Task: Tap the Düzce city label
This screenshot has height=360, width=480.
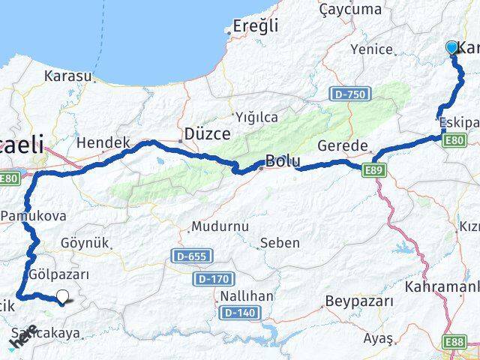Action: point(206,133)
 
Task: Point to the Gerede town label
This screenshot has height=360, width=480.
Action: point(343,145)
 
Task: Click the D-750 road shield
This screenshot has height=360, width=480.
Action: point(350,94)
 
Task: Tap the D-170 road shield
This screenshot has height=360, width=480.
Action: point(212,279)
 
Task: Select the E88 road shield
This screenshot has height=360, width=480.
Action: point(454,342)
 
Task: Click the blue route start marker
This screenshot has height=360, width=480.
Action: point(451,47)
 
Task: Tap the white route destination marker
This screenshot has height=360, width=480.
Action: point(63,297)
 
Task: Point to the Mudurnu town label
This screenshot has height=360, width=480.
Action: point(219,226)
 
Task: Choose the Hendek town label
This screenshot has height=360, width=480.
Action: point(103,142)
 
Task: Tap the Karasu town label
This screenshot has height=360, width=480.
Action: point(67,76)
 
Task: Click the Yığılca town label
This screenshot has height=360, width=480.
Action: point(256,117)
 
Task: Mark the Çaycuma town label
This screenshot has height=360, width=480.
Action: point(350,9)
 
